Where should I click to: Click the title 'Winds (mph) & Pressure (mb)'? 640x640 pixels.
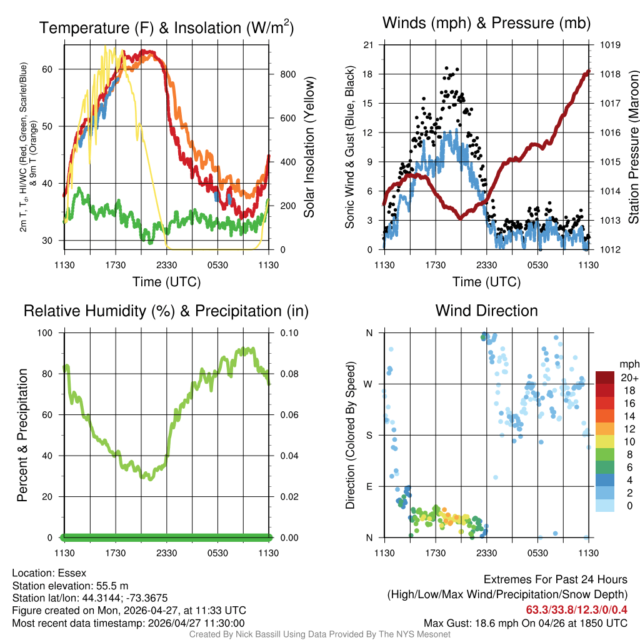click(x=486, y=24)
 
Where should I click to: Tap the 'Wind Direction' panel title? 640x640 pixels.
click(x=486, y=311)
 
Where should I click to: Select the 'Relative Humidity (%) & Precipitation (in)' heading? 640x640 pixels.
click(x=166, y=311)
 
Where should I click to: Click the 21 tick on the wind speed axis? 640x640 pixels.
click(x=368, y=45)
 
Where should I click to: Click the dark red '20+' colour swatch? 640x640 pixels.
click(x=605, y=377)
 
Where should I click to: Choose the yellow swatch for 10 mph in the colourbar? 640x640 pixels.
click(x=605, y=442)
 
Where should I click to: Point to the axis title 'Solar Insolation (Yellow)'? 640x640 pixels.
click(x=309, y=147)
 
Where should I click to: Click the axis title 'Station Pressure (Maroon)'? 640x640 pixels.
click(x=632, y=147)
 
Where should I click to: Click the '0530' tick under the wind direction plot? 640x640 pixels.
click(x=537, y=552)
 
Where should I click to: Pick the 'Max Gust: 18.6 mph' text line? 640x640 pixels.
click(x=475, y=623)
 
